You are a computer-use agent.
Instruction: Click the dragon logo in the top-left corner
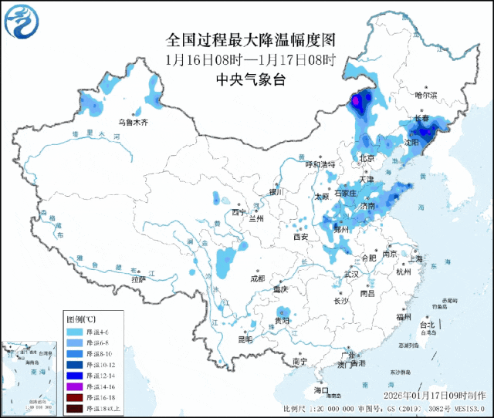tap(21, 22)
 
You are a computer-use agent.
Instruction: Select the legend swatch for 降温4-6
tap(74, 331)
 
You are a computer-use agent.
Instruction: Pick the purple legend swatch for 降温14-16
tap(74, 386)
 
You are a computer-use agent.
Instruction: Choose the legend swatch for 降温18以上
tap(74, 407)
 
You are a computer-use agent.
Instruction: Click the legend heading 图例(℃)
tap(81, 319)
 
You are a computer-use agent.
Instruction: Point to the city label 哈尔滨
tap(425, 96)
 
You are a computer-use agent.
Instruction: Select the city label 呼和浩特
tap(320, 164)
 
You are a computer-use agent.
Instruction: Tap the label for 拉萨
tap(138, 281)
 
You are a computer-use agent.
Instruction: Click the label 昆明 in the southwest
tap(245, 339)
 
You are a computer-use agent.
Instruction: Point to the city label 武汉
tap(352, 274)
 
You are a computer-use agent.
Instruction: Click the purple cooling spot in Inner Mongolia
tap(357, 101)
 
